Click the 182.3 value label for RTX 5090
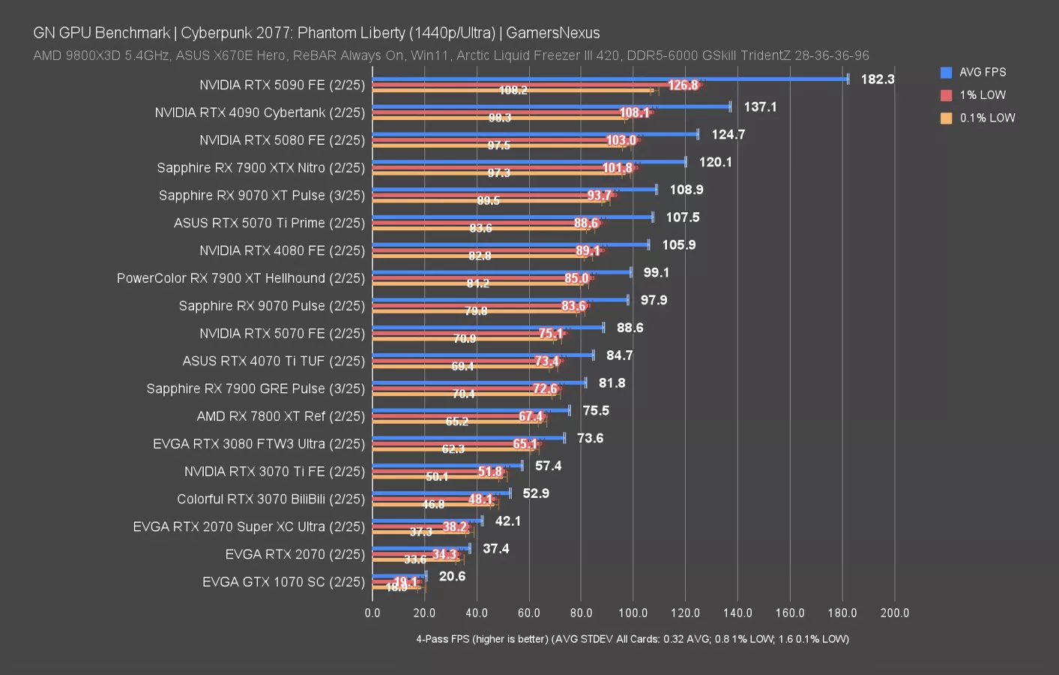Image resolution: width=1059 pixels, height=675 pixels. (877, 79)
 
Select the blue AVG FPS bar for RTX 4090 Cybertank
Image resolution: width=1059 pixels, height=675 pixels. (551, 106)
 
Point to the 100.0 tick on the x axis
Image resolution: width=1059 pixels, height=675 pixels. (633, 613)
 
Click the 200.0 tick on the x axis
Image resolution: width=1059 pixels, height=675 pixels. (894, 613)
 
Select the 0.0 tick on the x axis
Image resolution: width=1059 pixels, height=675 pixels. (372, 613)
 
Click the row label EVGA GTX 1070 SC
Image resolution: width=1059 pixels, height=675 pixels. (283, 582)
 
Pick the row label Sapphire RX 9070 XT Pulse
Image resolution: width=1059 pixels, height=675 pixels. (262, 196)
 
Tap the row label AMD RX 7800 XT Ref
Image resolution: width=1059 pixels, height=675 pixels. (280, 416)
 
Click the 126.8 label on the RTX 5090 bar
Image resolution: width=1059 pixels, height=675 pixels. (683, 85)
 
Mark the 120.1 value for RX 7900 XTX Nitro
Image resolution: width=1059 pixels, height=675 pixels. (715, 162)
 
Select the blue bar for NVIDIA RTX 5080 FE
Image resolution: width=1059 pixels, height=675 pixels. (535, 134)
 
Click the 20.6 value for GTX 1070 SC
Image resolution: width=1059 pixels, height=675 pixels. (452, 576)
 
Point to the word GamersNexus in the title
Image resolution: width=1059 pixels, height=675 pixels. (552, 33)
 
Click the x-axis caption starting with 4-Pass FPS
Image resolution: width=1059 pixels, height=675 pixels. (633, 639)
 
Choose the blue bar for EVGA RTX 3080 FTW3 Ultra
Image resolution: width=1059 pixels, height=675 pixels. (468, 438)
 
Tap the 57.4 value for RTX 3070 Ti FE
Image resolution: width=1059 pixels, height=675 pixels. (548, 466)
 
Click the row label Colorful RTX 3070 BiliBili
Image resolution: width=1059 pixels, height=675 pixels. (271, 499)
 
